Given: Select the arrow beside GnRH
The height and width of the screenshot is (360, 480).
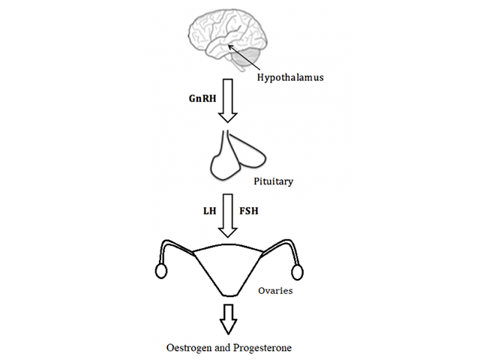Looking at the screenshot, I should click(229, 103).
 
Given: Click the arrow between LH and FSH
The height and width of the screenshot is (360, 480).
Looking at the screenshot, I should click(229, 217).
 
